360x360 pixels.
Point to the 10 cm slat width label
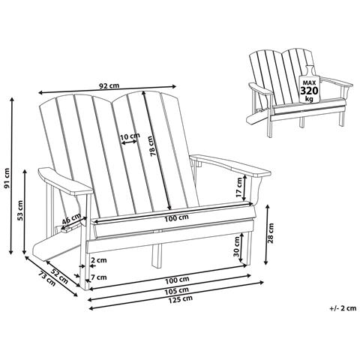click(129, 136)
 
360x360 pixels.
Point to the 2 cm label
click(97, 260)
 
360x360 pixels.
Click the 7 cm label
click(98, 277)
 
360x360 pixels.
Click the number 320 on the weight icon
click(308, 91)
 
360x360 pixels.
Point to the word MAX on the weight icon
click(307, 80)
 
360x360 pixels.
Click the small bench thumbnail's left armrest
click(259, 89)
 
